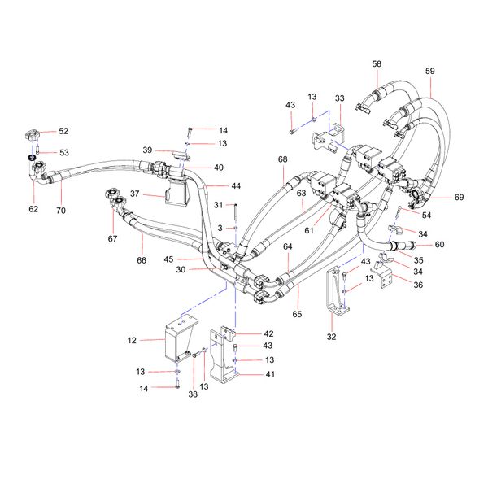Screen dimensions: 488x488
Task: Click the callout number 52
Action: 63,131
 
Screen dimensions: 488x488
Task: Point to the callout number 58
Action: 377,63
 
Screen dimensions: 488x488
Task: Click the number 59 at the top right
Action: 430,71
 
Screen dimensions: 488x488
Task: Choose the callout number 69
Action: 460,198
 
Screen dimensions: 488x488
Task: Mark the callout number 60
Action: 439,244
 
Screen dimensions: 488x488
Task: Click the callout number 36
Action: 419,285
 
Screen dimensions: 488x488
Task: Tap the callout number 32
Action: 331,335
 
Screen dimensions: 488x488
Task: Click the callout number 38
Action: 194,394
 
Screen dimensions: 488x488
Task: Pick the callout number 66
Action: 141,260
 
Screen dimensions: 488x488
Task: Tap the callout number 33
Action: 339,98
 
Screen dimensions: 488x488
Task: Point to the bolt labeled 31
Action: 234,213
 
